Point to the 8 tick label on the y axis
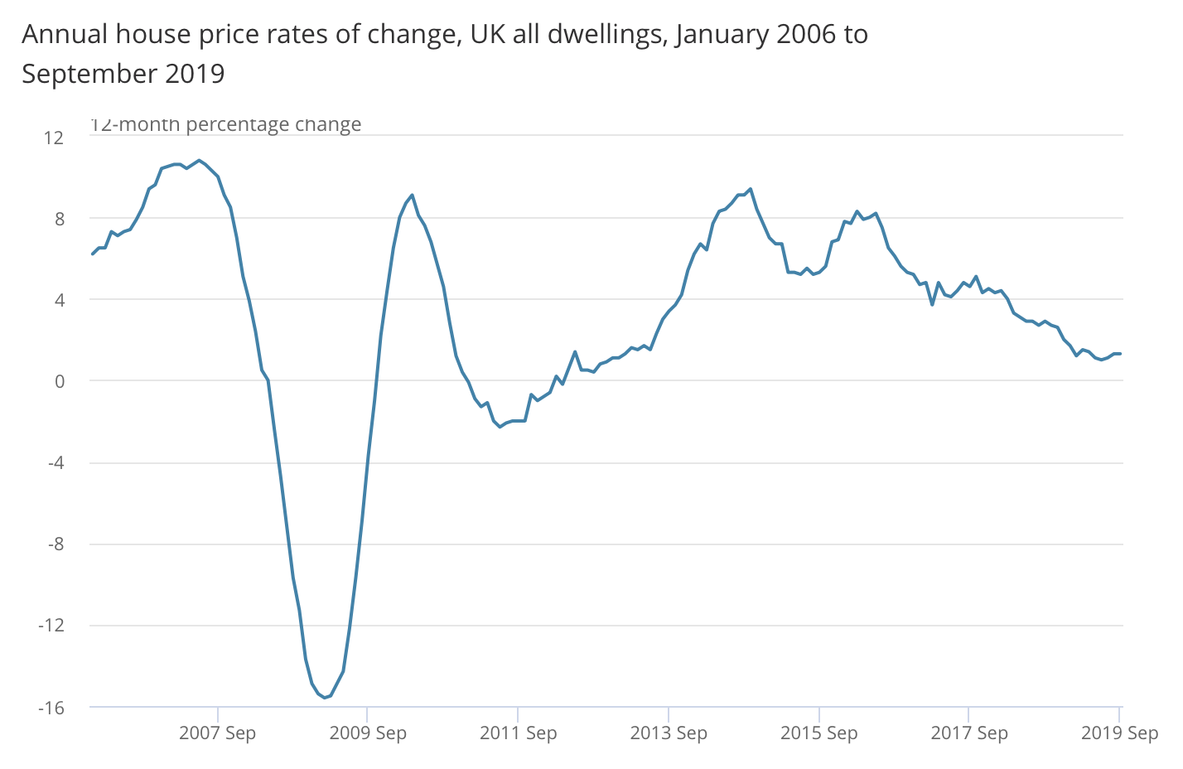click(x=59, y=219)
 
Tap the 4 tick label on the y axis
click(x=59, y=300)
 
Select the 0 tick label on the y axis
click(x=59, y=381)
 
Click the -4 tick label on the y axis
click(x=55, y=462)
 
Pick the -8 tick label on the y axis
click(x=55, y=544)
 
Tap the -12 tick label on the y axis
click(x=51, y=625)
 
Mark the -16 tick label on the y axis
click(x=51, y=708)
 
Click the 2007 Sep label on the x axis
click(x=218, y=733)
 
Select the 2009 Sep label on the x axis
click(x=368, y=733)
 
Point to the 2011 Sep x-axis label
click(x=519, y=733)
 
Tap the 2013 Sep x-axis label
click(x=669, y=733)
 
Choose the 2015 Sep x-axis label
click(x=818, y=733)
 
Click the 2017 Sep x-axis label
click(x=969, y=733)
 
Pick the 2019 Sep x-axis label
click(x=1119, y=733)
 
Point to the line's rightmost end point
click(x=1120, y=354)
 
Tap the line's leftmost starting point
click(x=92, y=254)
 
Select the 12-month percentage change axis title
click(x=225, y=125)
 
